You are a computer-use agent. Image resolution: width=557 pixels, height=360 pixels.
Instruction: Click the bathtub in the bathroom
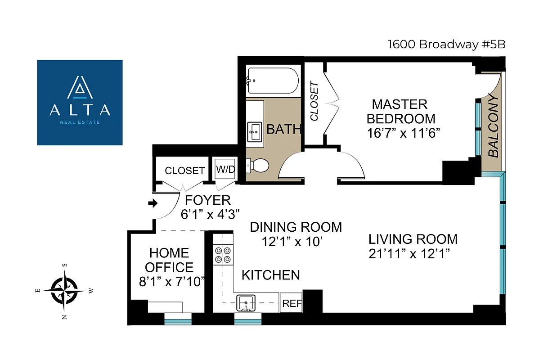point(273,81)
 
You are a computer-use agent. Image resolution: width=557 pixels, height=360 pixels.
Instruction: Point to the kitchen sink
point(246,302)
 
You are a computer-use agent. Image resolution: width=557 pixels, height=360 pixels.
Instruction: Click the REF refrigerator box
point(292,304)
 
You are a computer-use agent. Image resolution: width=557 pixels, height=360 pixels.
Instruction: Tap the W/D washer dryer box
point(225,170)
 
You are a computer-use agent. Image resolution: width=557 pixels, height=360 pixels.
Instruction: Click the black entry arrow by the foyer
point(153,203)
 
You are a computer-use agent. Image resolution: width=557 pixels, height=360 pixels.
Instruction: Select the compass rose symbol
point(64,291)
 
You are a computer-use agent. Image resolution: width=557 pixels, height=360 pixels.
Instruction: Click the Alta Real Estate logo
point(80,103)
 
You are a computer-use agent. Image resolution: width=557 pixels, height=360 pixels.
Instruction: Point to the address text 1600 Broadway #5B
point(444,44)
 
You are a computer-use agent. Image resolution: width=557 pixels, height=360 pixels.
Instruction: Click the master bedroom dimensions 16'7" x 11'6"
point(403,133)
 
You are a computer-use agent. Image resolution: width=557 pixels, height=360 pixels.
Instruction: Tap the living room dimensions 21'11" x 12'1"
point(409,253)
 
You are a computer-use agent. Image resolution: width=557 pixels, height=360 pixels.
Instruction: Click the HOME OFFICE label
point(169,260)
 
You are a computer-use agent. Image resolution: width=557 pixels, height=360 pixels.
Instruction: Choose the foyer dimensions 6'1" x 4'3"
point(210,214)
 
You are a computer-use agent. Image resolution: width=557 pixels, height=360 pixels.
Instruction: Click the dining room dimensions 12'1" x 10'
point(293,242)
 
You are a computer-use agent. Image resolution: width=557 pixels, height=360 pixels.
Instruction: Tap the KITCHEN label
point(271,274)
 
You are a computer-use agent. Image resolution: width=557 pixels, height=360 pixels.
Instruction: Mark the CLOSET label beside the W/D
point(185,171)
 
